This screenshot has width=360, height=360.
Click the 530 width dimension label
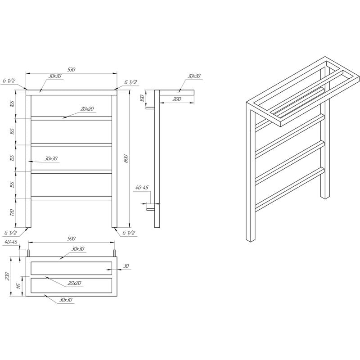72,69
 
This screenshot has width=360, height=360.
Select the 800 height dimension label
126,159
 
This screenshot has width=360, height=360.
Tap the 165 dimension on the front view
13,104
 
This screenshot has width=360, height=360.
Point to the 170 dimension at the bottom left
13,212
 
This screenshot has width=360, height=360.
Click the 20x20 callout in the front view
87,109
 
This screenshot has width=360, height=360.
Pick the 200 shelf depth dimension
176,99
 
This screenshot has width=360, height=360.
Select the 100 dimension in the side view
142,98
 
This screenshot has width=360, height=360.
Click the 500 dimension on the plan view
72,238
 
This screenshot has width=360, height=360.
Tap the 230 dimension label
7,276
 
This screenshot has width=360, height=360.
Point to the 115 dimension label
19,286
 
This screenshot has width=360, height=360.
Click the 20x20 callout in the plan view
74,283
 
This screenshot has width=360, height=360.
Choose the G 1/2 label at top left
9,81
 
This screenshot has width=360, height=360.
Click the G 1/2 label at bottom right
129,233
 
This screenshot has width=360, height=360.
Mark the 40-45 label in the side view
142,188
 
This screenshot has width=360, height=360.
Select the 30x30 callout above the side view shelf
194,76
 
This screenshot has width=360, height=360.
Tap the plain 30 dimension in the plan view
126,266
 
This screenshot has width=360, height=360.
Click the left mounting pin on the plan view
28,253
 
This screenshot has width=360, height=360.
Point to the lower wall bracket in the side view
151,209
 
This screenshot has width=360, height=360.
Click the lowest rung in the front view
72,198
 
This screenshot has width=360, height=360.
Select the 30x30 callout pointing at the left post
51,159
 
